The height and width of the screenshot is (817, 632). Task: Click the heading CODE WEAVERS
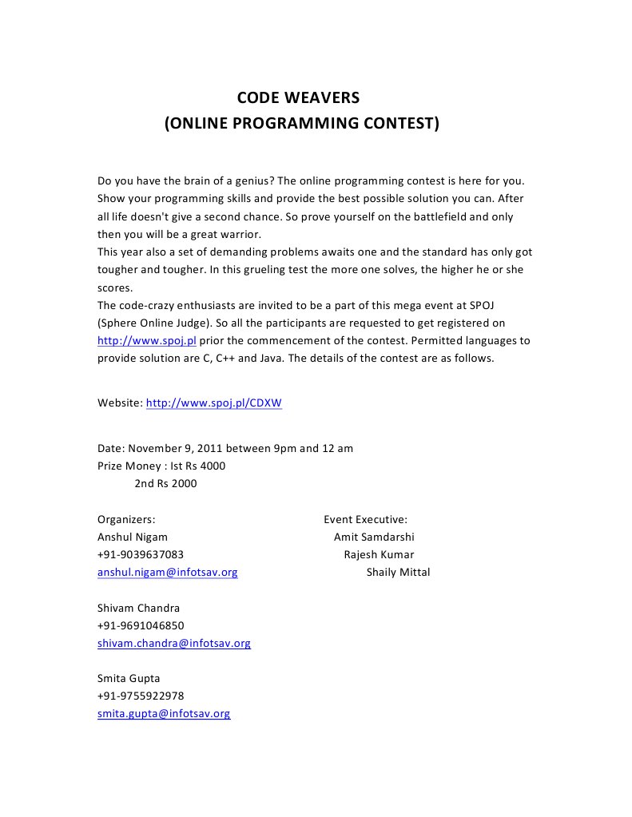[x=298, y=98]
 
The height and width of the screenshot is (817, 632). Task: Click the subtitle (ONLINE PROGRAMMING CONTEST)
[x=301, y=124]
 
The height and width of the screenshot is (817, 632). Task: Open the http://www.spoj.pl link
[x=146, y=340]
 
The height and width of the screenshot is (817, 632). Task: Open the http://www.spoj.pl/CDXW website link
[x=213, y=403]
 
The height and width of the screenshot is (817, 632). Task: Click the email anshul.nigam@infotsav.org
[x=167, y=572]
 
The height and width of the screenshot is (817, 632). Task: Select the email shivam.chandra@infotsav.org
[x=173, y=643]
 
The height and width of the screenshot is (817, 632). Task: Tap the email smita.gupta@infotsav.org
[x=164, y=713]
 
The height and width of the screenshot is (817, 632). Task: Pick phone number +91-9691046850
[x=141, y=625]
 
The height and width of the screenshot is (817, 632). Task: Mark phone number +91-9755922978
[x=141, y=696]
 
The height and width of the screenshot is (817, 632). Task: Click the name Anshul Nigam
[x=133, y=537]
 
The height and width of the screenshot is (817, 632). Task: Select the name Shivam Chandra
[x=138, y=608]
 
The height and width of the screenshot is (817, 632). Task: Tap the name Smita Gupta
[x=129, y=678]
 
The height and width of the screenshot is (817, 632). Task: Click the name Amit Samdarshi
[x=374, y=537]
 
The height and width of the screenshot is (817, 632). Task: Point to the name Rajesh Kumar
[x=379, y=554]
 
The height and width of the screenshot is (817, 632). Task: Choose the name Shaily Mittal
[x=398, y=572]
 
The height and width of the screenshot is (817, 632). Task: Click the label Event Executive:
[x=365, y=519]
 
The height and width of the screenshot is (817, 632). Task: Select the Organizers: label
[x=126, y=519]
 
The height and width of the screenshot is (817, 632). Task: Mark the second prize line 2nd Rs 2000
[x=165, y=483]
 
